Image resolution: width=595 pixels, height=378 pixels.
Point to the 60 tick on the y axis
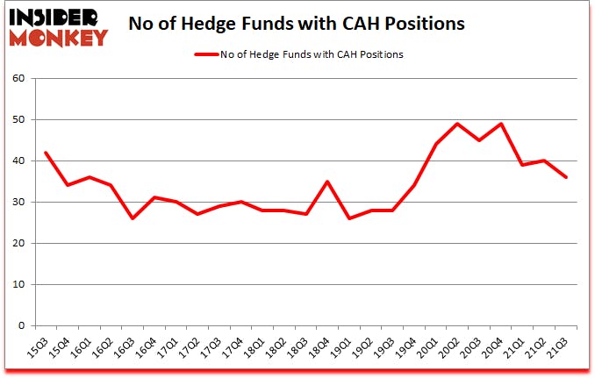[19, 78]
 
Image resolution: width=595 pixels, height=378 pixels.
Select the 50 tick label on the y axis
[19, 119]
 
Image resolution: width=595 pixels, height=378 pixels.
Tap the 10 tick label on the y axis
[19, 284]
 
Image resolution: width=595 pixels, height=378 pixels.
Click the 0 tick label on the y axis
[23, 325]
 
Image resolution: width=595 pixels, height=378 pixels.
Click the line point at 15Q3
[46, 153]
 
